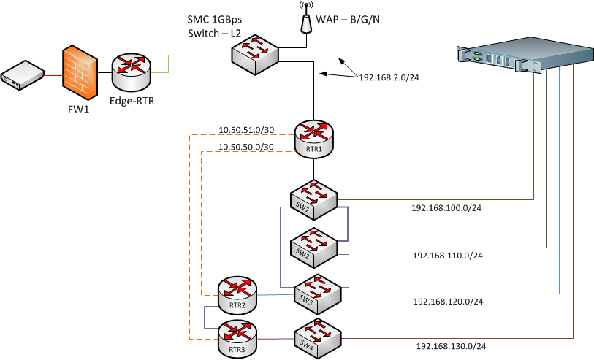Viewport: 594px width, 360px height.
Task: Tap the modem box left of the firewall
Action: [22, 75]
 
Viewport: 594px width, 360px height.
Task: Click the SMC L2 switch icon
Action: [255, 53]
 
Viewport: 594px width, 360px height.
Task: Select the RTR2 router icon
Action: [237, 296]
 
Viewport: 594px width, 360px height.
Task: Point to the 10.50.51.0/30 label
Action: [246, 130]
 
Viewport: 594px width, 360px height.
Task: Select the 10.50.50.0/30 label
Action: [246, 147]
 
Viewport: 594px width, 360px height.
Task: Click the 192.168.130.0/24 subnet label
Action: [450, 346]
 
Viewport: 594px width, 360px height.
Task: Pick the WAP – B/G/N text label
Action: [349, 19]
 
